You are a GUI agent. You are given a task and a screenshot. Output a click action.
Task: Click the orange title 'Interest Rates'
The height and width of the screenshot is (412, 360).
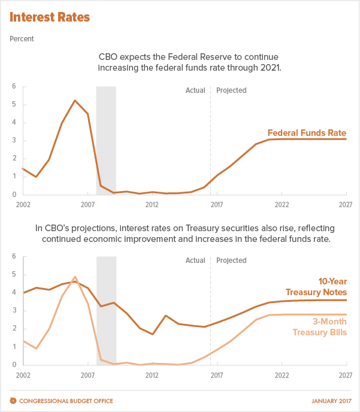(x=50, y=17)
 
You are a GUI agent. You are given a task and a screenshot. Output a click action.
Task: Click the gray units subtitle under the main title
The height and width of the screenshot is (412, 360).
(x=24, y=38)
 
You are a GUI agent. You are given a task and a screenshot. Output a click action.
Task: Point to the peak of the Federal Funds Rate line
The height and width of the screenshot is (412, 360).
(x=74, y=100)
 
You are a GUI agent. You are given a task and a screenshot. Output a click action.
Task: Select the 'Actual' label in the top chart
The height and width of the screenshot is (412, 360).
(x=193, y=91)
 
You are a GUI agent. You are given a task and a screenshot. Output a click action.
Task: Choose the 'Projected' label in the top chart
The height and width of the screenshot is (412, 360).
(x=232, y=91)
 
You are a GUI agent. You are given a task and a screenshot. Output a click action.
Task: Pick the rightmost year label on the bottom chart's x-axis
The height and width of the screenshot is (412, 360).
(x=345, y=373)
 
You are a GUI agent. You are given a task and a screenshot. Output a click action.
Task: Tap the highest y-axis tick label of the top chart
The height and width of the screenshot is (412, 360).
(x=14, y=87)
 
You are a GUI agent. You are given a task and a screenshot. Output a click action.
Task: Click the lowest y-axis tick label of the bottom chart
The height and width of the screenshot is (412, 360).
(x=14, y=363)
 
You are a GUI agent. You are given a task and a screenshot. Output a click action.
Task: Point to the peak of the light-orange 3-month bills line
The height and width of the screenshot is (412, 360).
(x=74, y=278)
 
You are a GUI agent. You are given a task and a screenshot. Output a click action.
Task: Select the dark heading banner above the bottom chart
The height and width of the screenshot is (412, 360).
(x=184, y=234)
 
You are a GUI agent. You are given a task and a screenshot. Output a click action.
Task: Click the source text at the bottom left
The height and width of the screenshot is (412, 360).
(x=62, y=401)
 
